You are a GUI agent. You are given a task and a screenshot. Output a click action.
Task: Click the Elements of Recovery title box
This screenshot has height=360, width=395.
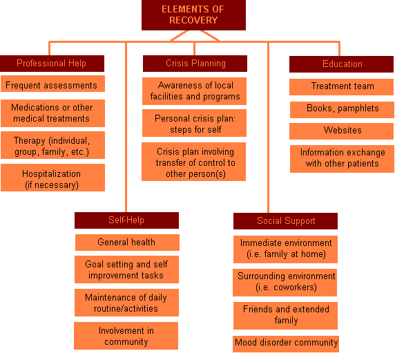(x=193, y=15)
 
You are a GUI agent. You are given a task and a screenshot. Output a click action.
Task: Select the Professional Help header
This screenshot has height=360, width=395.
(x=52, y=64)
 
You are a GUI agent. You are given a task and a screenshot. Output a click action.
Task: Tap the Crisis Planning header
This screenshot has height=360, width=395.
(x=195, y=64)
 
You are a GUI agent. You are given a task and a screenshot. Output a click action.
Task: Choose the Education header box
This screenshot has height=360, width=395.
(x=341, y=64)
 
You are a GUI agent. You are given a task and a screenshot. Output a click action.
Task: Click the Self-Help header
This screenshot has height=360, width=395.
(x=126, y=220)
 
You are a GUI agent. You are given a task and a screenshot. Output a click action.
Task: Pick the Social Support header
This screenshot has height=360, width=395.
(x=285, y=221)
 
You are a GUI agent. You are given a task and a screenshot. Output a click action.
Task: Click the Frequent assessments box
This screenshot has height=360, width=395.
(x=52, y=84)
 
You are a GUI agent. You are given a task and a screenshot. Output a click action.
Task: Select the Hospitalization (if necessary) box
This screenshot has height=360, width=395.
(x=52, y=178)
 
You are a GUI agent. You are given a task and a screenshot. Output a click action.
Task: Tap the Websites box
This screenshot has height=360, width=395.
(x=341, y=131)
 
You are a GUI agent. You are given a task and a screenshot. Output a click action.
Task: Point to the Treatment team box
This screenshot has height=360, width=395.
(x=341, y=87)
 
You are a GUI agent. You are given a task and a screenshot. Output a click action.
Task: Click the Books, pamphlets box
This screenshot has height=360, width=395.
(x=342, y=110)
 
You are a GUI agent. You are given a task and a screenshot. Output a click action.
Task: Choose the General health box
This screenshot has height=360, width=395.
(x=127, y=243)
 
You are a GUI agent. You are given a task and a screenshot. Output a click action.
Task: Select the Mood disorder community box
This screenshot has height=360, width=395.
(x=286, y=344)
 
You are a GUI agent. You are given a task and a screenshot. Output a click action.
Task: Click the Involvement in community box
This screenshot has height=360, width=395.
(x=126, y=336)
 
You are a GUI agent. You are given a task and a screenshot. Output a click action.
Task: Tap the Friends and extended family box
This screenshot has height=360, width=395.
(x=285, y=316)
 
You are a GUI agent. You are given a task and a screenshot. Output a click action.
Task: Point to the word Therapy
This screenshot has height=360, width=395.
(x=30, y=141)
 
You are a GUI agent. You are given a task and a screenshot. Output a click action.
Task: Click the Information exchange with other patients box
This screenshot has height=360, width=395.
(x=342, y=159)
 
